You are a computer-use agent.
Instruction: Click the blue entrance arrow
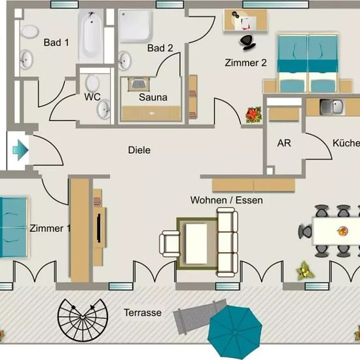point(20,151)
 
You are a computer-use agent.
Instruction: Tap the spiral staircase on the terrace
point(82,320)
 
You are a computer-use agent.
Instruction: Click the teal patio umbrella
point(234,332)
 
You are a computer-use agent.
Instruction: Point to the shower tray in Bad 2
point(135,26)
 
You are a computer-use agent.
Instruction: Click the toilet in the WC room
point(92,82)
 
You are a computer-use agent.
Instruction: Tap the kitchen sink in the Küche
point(332,107)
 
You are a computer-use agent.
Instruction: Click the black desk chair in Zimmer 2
point(247,43)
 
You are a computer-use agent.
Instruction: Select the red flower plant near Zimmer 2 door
point(253,115)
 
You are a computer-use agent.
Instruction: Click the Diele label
point(139,150)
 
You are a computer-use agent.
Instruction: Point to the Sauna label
point(153,98)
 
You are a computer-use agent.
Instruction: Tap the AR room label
point(284,143)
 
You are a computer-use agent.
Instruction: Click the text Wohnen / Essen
point(226,200)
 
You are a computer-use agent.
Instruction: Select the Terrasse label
point(143,313)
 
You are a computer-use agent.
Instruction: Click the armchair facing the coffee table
point(170,244)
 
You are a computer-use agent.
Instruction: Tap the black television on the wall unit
point(99,228)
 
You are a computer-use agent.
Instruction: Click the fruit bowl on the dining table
point(342,231)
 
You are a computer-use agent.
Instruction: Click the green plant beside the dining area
point(304,271)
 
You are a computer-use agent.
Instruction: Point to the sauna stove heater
point(139,84)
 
